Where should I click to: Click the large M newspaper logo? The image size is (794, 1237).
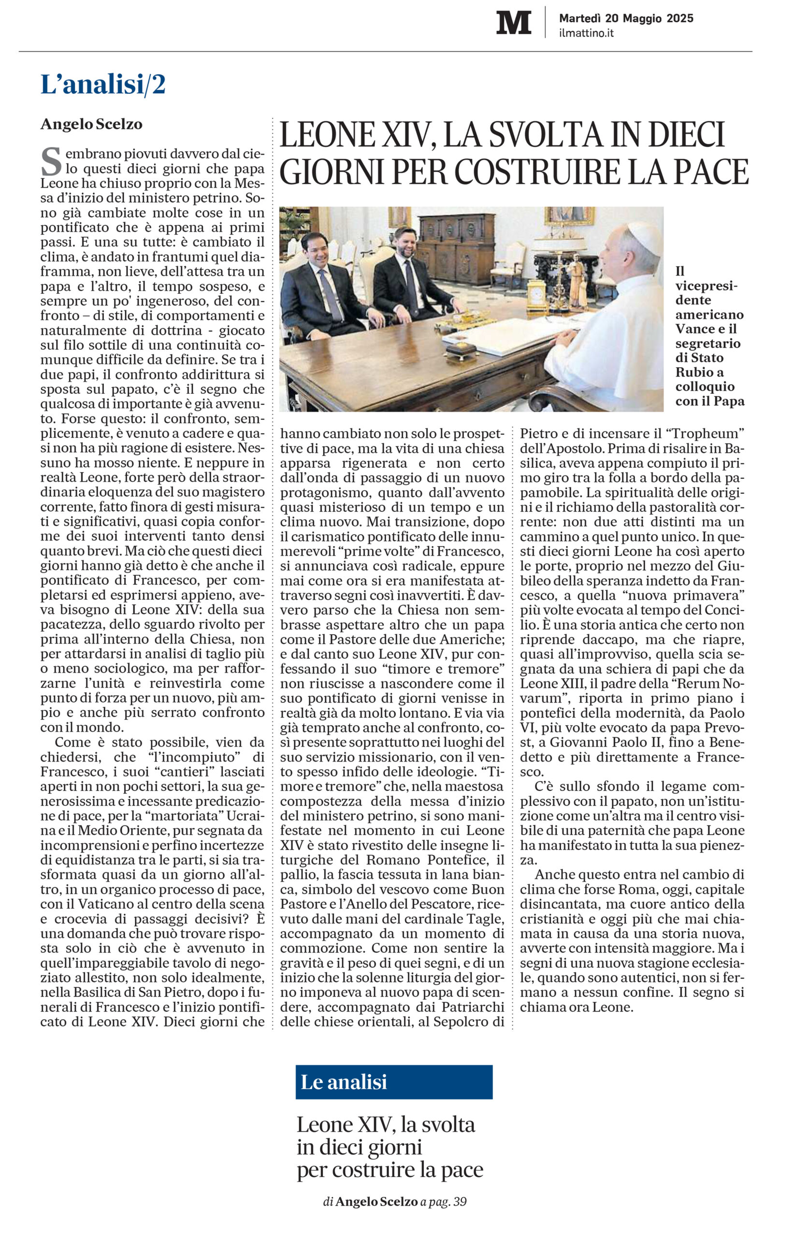[513, 23]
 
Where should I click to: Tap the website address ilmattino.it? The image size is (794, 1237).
[586, 33]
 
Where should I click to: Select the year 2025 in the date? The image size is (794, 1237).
[680, 18]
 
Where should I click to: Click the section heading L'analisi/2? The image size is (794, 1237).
[103, 85]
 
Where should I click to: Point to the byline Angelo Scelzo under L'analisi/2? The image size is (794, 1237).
[91, 124]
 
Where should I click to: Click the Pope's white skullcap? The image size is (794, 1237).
[645, 234]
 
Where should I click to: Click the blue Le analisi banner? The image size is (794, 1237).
[394, 1082]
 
